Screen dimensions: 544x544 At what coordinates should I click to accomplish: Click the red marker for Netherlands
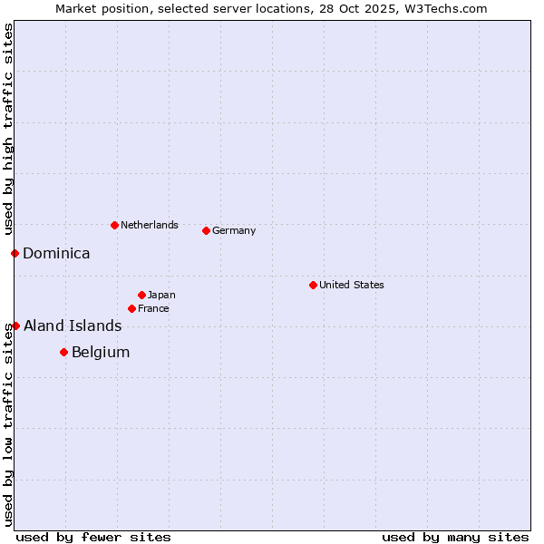114,225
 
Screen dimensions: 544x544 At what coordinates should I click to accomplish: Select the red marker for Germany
206,230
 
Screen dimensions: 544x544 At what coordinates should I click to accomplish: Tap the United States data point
313,285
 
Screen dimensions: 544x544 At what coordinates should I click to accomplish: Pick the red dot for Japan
141,295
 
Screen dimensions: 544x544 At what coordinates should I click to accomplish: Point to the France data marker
131,308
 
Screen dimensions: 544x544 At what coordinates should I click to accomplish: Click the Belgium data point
63,352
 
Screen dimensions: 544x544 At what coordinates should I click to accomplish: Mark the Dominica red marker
15,253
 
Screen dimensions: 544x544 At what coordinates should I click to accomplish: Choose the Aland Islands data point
15,325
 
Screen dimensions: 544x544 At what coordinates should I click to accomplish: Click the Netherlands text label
150,225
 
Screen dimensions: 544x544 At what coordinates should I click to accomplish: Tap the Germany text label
234,230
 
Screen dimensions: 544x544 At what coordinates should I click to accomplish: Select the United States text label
352,285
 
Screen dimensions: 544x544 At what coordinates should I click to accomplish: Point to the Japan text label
161,295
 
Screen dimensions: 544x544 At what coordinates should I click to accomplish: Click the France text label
153,308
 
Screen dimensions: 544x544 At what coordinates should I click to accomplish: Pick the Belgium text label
101,353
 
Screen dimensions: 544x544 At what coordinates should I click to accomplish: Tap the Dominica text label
56,254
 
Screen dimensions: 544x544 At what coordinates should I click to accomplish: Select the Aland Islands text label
73,326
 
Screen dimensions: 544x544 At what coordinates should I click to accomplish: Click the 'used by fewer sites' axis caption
93,537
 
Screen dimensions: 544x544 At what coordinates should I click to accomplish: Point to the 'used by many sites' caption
455,537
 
